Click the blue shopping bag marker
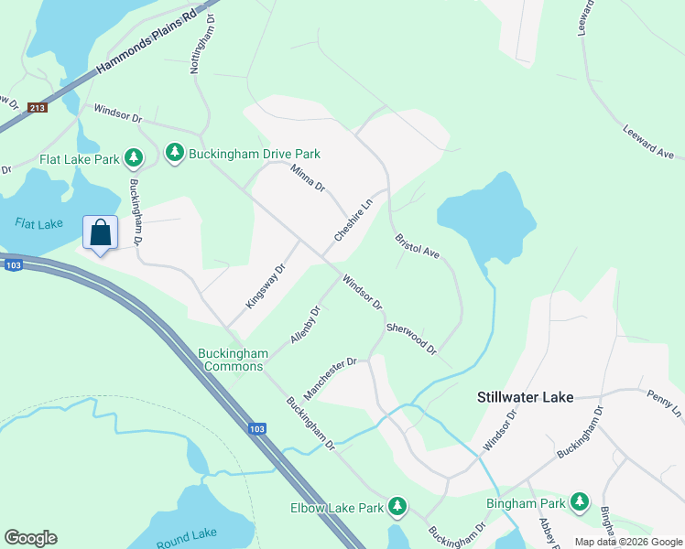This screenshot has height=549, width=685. [x=101, y=232]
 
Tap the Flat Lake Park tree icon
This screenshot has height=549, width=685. [x=134, y=159]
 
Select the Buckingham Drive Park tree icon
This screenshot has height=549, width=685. [x=174, y=153]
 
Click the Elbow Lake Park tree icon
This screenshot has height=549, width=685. [x=397, y=505]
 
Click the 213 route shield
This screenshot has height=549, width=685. [x=37, y=108]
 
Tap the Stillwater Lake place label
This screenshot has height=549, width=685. [x=525, y=397]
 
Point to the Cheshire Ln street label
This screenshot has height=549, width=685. [x=353, y=221]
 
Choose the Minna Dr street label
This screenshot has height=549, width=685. [x=308, y=177]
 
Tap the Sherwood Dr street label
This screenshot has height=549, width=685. [x=411, y=339]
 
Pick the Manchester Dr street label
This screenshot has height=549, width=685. [x=330, y=379]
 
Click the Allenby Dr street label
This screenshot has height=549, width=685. [x=305, y=325]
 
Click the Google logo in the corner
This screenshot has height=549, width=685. [x=30, y=538]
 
